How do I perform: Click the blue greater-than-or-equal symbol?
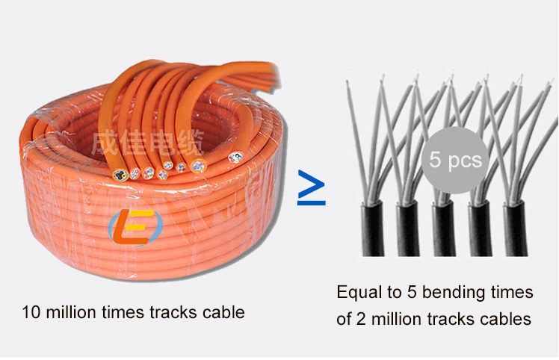click(312, 187)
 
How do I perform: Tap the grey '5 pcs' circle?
click(454, 159)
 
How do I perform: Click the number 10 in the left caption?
click(31, 311)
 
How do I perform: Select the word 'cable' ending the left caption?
click(223, 311)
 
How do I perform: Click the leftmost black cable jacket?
click(371, 228)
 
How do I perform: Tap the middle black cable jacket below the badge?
click(443, 228)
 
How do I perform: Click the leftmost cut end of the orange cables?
click(118, 175)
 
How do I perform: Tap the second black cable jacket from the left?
click(408, 228)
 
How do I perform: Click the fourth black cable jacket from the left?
click(479, 228)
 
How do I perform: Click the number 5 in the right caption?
click(411, 291)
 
